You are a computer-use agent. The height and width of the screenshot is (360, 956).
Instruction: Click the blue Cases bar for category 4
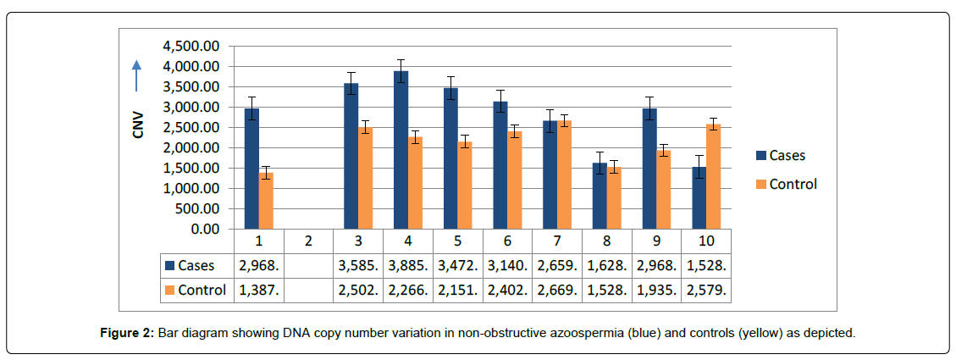[401, 150]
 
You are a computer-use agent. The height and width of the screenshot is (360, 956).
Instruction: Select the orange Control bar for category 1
[265, 201]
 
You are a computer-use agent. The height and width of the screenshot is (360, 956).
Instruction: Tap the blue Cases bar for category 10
[699, 198]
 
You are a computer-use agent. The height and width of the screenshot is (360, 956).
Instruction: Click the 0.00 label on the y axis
[203, 229]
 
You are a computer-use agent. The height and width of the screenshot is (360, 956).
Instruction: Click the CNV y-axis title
[138, 125]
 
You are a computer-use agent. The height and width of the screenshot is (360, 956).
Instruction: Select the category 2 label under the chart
[308, 241]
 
